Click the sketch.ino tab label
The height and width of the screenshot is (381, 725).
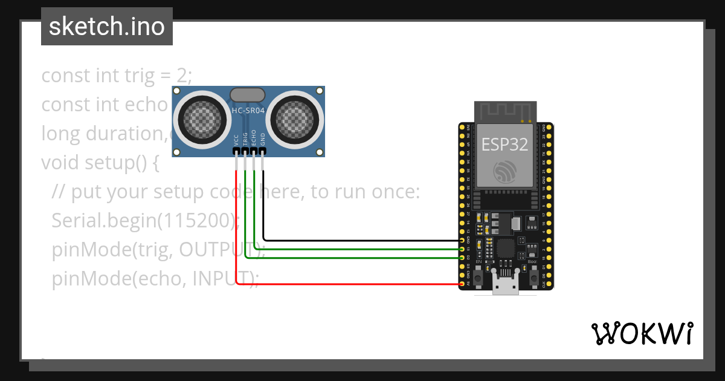tap(107, 27)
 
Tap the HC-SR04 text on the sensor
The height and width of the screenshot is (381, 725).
tap(248, 111)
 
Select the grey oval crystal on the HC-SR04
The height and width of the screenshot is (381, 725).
tap(247, 94)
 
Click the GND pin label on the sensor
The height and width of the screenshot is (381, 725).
tap(263, 138)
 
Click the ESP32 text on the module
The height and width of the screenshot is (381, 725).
tap(504, 145)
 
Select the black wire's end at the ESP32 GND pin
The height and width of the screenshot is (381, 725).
tap(462, 241)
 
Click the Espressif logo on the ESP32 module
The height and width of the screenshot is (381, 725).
tap(505, 172)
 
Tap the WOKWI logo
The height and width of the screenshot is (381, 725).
tap(641, 333)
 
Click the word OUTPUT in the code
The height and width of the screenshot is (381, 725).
tap(214, 249)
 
